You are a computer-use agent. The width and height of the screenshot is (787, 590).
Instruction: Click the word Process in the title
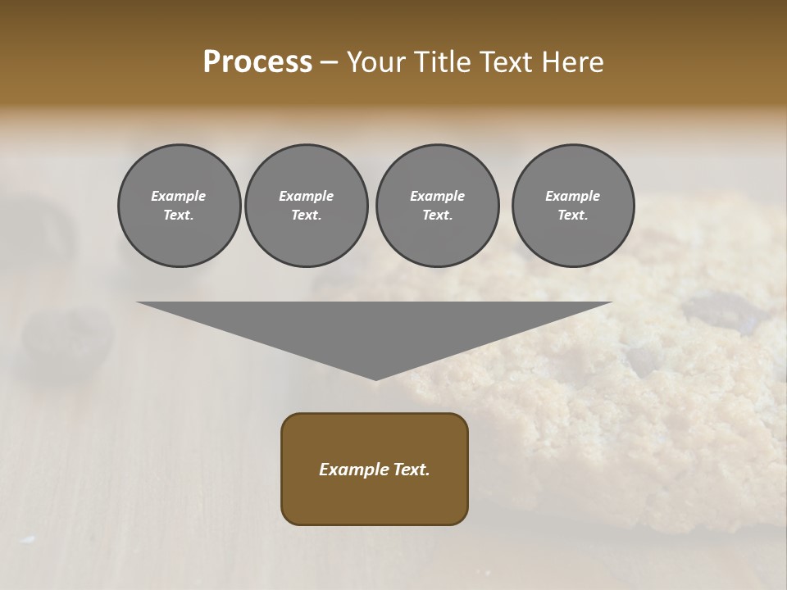click(257, 62)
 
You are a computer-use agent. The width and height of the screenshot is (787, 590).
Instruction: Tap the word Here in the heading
click(571, 62)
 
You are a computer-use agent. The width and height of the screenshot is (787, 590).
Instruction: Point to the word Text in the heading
click(508, 62)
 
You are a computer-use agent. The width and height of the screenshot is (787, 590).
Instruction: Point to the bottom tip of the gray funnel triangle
click(375, 379)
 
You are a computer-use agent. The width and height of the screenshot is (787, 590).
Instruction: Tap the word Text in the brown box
click(412, 470)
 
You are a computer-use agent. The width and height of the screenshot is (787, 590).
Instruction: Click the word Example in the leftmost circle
click(179, 196)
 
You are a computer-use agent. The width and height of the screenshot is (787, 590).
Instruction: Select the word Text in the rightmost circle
click(573, 215)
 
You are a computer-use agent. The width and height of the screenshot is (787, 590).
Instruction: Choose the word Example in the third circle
click(437, 196)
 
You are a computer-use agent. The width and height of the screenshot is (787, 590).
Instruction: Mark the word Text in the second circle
click(306, 215)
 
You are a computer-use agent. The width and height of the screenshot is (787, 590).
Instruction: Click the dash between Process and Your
click(329, 62)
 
